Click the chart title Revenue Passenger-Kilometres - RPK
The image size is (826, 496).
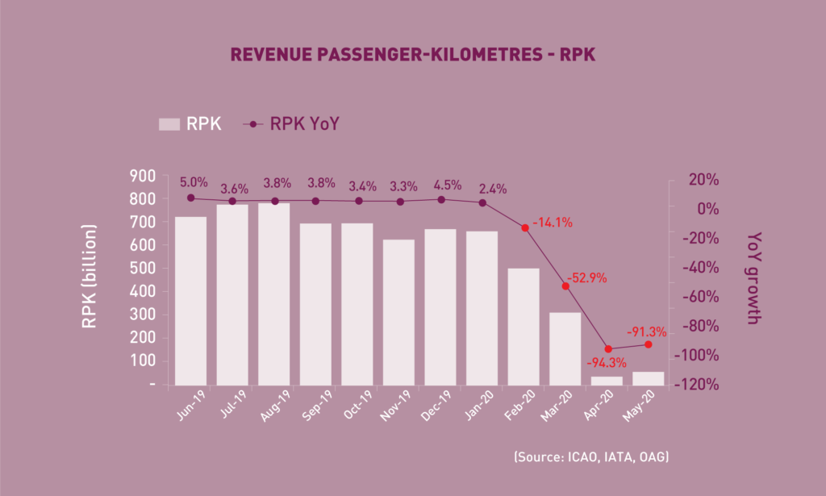pos(412,55)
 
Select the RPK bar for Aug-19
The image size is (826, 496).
pos(273,294)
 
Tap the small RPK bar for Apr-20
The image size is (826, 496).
pos(607,381)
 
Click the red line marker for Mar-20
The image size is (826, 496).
pos(565,286)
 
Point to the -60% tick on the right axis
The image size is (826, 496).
pos(697,297)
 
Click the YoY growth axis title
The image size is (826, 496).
pos(753,277)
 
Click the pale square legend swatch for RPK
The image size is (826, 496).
pos(169,124)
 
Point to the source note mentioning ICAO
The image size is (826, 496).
pos(591,457)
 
